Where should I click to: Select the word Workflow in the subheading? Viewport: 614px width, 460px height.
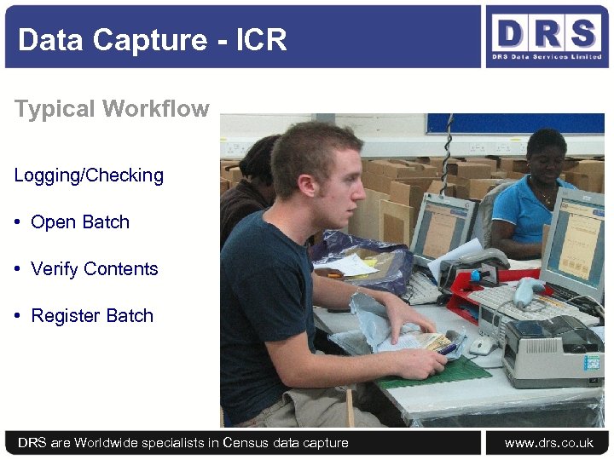point(156,109)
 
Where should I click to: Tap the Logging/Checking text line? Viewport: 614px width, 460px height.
point(89,175)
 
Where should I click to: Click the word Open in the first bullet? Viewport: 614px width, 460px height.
point(51,222)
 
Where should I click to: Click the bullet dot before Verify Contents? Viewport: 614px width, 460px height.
point(18,269)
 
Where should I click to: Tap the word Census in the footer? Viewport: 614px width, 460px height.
point(247,443)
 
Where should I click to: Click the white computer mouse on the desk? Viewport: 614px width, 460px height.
point(481,345)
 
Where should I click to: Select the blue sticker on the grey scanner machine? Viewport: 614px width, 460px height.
point(592,363)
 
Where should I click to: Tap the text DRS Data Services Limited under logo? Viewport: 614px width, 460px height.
point(546,57)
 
